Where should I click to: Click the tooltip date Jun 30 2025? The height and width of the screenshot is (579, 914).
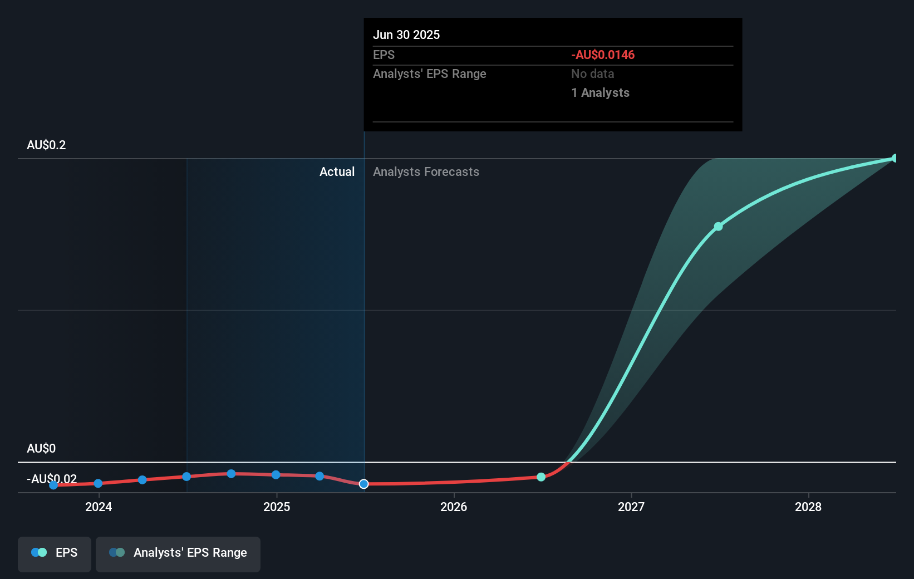pos(406,35)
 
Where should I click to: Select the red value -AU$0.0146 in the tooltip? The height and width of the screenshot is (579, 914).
pos(603,55)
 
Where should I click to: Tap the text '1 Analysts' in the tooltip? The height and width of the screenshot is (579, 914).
pos(600,92)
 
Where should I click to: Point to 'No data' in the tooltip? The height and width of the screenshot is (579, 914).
pos(592,73)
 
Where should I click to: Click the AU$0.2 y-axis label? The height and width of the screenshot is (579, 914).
pos(46,145)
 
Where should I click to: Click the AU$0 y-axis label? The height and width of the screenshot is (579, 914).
pos(41,448)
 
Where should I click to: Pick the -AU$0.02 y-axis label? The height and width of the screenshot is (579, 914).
pos(52,479)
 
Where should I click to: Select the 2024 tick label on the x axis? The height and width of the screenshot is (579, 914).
pos(99,507)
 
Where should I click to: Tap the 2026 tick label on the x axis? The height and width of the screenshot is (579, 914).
pos(454,507)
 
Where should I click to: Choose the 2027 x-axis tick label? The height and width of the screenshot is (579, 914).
pos(631,507)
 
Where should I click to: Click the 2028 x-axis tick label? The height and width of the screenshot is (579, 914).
pos(808,507)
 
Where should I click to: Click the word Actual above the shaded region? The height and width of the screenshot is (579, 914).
pos(337,171)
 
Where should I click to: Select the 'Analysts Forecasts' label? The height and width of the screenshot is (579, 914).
pos(426,171)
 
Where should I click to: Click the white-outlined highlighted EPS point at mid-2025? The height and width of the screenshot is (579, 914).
pos(363,484)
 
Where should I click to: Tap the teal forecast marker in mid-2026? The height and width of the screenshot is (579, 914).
pos(541,477)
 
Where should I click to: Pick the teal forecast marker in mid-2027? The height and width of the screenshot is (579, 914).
pos(718,227)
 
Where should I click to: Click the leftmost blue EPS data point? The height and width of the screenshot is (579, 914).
pos(53,485)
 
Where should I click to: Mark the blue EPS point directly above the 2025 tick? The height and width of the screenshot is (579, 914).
pos(276,475)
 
